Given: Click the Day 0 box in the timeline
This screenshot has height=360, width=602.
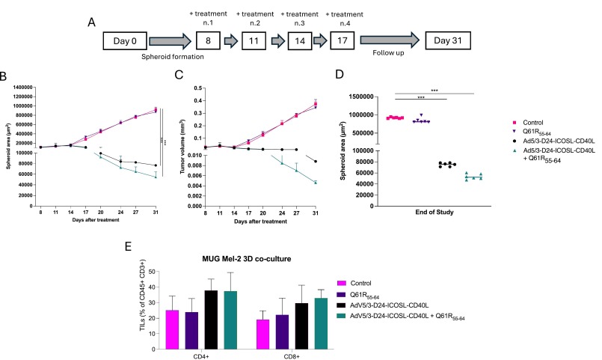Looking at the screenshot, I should tap(123, 38).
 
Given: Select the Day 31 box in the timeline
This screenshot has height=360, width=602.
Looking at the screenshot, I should tap(446, 38).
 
